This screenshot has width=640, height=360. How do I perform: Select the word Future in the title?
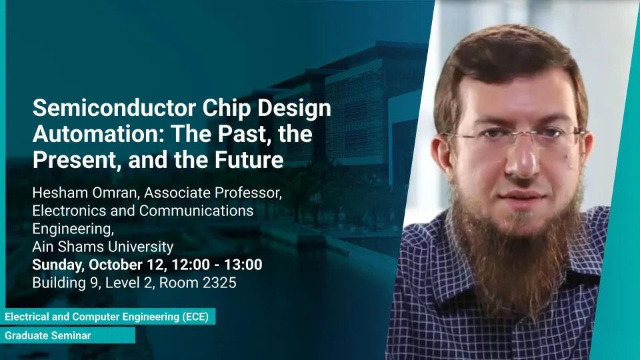[249, 159]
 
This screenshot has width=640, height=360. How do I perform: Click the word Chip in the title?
[227, 109]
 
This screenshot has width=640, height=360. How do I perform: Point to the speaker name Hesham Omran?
[85, 193]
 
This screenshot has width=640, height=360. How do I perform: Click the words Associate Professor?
[213, 193]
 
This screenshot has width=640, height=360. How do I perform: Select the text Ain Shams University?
[103, 247]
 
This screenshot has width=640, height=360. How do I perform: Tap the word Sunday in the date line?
[57, 265]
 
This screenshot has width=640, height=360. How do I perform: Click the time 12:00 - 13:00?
[217, 265]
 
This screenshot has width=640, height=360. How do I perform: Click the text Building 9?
[65, 283]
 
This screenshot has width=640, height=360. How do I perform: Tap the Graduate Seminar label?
[48, 335]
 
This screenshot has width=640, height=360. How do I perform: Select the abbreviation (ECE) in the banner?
[195, 317]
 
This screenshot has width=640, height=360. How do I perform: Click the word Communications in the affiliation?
[196, 211]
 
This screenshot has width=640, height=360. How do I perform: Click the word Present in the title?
[77, 159]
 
